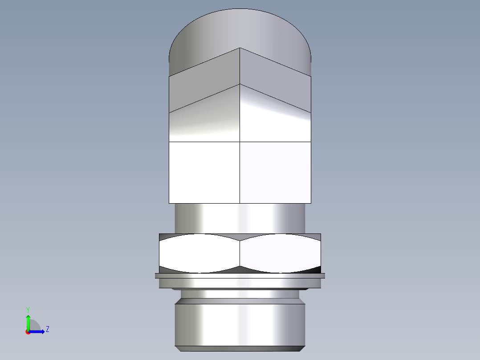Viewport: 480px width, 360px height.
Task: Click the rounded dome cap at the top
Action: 240,29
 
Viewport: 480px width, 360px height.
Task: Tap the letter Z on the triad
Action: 47,329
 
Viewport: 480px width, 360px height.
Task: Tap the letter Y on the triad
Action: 28,309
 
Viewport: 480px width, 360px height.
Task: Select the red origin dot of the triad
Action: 28,332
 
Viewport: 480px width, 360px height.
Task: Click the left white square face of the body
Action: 204,172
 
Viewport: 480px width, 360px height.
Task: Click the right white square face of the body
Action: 275,172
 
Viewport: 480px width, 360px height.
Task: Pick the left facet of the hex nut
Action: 199,253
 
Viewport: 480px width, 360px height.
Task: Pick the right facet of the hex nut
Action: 280,253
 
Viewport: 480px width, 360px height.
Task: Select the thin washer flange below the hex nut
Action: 240,276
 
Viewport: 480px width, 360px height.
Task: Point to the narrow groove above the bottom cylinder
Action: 240,294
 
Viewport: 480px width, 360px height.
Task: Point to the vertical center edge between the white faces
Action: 240,172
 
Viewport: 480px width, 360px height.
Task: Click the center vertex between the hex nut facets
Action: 240,241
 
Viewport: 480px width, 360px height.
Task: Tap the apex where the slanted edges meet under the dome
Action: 240,48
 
